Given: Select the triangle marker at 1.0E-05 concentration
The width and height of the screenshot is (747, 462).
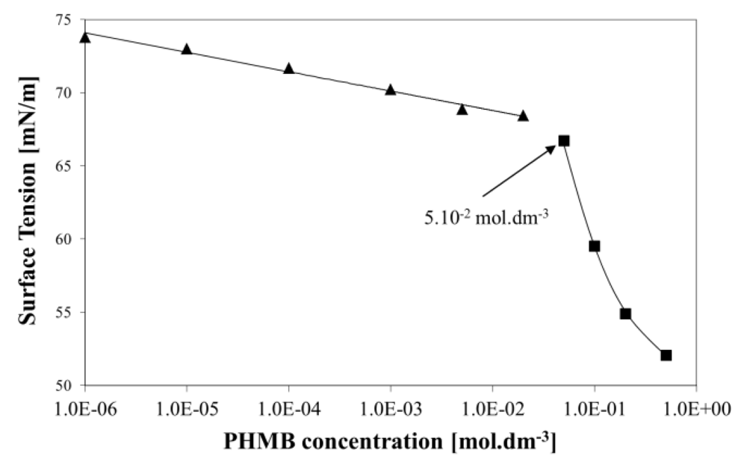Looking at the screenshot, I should pos(187,49).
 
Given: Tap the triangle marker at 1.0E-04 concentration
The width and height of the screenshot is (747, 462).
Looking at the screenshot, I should pos(289,69).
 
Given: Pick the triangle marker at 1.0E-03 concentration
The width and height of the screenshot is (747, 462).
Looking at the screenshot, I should pos(390,90).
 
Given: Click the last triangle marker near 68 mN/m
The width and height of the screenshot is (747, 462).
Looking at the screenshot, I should pos(523,116).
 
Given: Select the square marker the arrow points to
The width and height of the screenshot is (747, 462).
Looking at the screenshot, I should pos(564,140).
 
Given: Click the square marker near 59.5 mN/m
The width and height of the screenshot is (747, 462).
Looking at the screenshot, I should pos(595,246).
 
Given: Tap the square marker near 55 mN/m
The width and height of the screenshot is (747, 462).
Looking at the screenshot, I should pos(625,313).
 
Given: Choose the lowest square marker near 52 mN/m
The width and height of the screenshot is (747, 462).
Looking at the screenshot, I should pos(666,355).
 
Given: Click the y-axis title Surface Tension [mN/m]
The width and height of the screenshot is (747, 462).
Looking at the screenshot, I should pos(28,202).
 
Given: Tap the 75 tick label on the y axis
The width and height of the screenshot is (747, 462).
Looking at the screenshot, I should pos(65,20).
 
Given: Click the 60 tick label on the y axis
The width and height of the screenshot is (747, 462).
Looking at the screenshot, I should pos(65,240).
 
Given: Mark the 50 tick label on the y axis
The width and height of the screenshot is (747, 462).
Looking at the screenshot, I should pos(65,386).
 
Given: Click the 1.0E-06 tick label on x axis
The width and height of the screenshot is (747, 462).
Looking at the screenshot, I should pos(85,408).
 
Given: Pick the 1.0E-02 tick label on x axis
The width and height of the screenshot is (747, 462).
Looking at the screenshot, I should pos(492,408).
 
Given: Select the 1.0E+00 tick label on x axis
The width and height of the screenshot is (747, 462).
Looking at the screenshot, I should pos(695,408).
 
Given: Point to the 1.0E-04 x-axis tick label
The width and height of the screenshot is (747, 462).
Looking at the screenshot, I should pos(289,408).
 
